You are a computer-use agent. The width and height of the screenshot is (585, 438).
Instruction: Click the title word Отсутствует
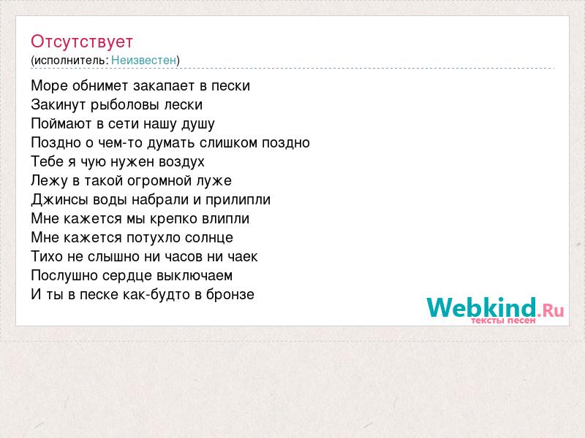point(82,42)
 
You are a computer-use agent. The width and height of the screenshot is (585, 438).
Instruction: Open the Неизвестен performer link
point(143,60)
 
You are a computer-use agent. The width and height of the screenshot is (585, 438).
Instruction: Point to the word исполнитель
point(71,61)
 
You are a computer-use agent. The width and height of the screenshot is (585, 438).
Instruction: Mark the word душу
point(197,124)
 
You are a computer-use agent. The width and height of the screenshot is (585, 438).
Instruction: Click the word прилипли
point(238,200)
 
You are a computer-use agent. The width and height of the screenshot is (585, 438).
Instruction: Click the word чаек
point(243,257)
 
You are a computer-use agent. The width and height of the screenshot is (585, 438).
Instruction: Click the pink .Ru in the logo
point(551,310)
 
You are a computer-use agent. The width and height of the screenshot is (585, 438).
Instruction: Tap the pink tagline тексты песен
point(503,320)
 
